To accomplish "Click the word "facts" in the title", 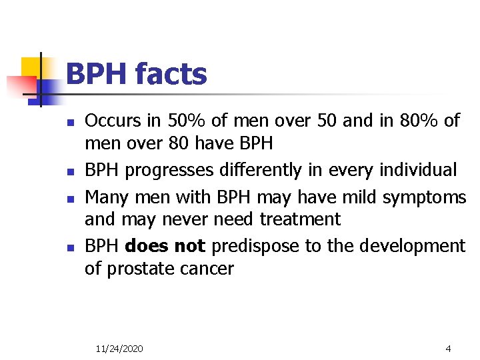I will [171, 74].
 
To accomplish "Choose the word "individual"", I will [418, 170].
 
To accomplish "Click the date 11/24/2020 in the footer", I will [119, 349].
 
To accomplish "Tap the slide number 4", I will [448, 349].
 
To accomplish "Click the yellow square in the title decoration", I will [33, 67].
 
